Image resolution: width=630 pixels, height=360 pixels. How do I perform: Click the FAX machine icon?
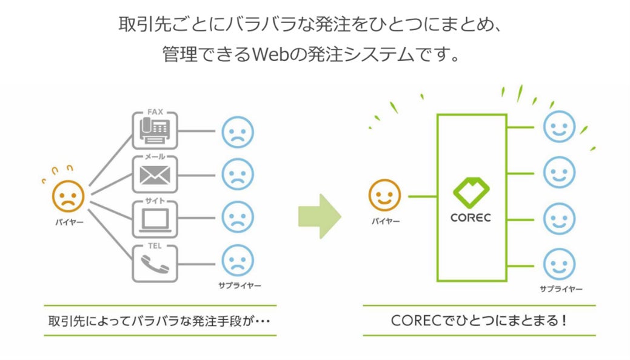pyautogui.click(x=155, y=131)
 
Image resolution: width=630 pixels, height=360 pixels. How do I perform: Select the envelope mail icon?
pyautogui.click(x=155, y=176)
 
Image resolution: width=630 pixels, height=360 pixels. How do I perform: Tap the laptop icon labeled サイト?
pyautogui.click(x=155, y=218)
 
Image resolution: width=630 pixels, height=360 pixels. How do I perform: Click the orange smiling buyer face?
pyautogui.click(x=384, y=196)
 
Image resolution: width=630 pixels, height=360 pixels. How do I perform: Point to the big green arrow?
pyautogui.click(x=319, y=216)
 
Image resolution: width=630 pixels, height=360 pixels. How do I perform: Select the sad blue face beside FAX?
pyautogui.click(x=238, y=132)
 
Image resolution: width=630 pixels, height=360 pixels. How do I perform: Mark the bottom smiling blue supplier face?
pyautogui.click(x=558, y=264)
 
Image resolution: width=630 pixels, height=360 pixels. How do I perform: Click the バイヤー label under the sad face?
pyautogui.click(x=68, y=221)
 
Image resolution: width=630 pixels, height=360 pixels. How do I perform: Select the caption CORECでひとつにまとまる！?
pyautogui.click(x=479, y=320)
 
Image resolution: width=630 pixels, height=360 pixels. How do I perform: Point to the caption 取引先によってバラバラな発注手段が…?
pyautogui.click(x=159, y=320)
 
